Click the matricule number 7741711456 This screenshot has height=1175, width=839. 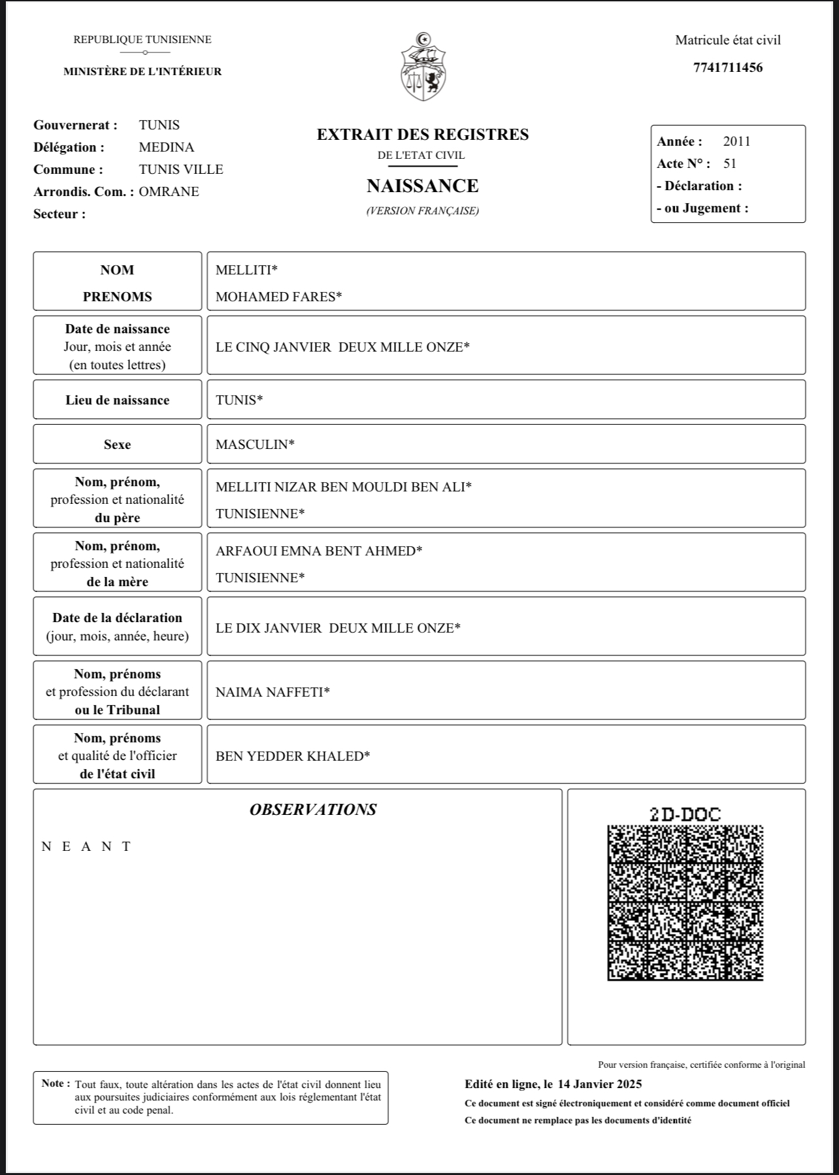coord(728,67)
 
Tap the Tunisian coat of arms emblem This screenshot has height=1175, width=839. coord(423,67)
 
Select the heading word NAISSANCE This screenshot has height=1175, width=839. coord(423,186)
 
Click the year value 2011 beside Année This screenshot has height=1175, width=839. coord(736,141)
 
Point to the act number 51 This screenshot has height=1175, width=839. coord(730,163)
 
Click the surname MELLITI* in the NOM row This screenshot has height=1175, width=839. coord(246,270)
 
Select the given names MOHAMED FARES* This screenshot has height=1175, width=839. coord(279,297)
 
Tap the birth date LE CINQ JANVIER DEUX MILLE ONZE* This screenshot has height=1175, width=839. coord(342,347)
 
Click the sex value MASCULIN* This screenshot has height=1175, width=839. coord(255,444)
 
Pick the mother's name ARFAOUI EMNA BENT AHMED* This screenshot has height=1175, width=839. coord(319,551)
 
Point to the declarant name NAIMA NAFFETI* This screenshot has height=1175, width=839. coord(272,692)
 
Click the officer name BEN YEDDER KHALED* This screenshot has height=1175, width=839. coord(293,756)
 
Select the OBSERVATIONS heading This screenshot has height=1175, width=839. coord(313,810)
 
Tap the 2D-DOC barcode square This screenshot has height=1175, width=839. coord(685,902)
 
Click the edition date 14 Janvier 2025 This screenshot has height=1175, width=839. coord(599,1084)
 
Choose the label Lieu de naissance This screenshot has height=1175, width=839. coord(118,400)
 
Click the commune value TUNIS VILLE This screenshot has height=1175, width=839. coord(181,169)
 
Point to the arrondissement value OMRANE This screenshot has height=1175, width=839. coord(169,191)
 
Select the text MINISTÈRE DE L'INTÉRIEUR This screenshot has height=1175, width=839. coord(142,72)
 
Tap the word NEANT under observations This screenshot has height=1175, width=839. coord(86,846)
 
